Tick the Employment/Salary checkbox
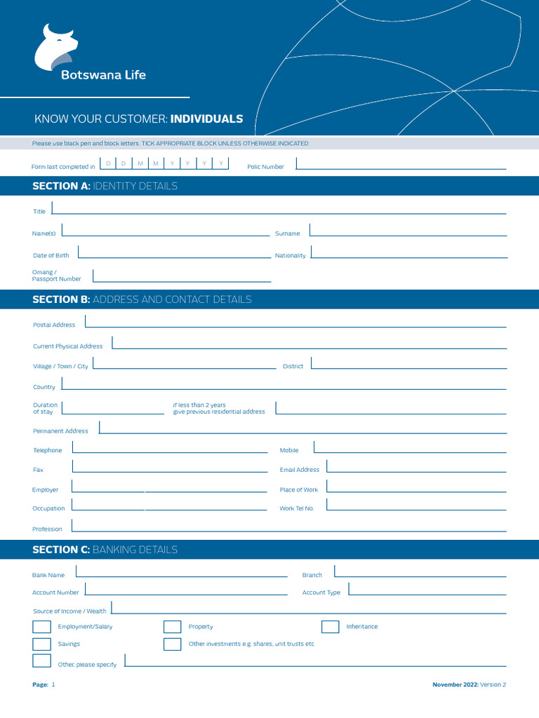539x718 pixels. pos(42,627)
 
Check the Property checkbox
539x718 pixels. pos(173,627)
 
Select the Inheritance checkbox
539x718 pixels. pos(331,627)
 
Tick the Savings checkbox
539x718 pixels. pos(42,644)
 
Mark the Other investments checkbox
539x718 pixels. pos(173,644)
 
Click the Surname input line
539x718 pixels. pos(408,231)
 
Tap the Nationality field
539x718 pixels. pos(408,253)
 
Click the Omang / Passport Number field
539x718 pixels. pos(182,276)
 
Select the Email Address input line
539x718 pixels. pos(416,467)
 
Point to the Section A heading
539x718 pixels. pos(105,186)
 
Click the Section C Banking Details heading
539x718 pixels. pos(105,550)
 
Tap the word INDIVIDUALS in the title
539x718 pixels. pos(206,119)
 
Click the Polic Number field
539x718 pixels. pos(401,165)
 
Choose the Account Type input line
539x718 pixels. pos(427,590)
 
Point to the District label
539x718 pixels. pos(293,367)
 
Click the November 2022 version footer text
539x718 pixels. pos(469,684)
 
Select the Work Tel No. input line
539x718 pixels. pos(416,506)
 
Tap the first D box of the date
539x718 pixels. pos(108,163)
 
